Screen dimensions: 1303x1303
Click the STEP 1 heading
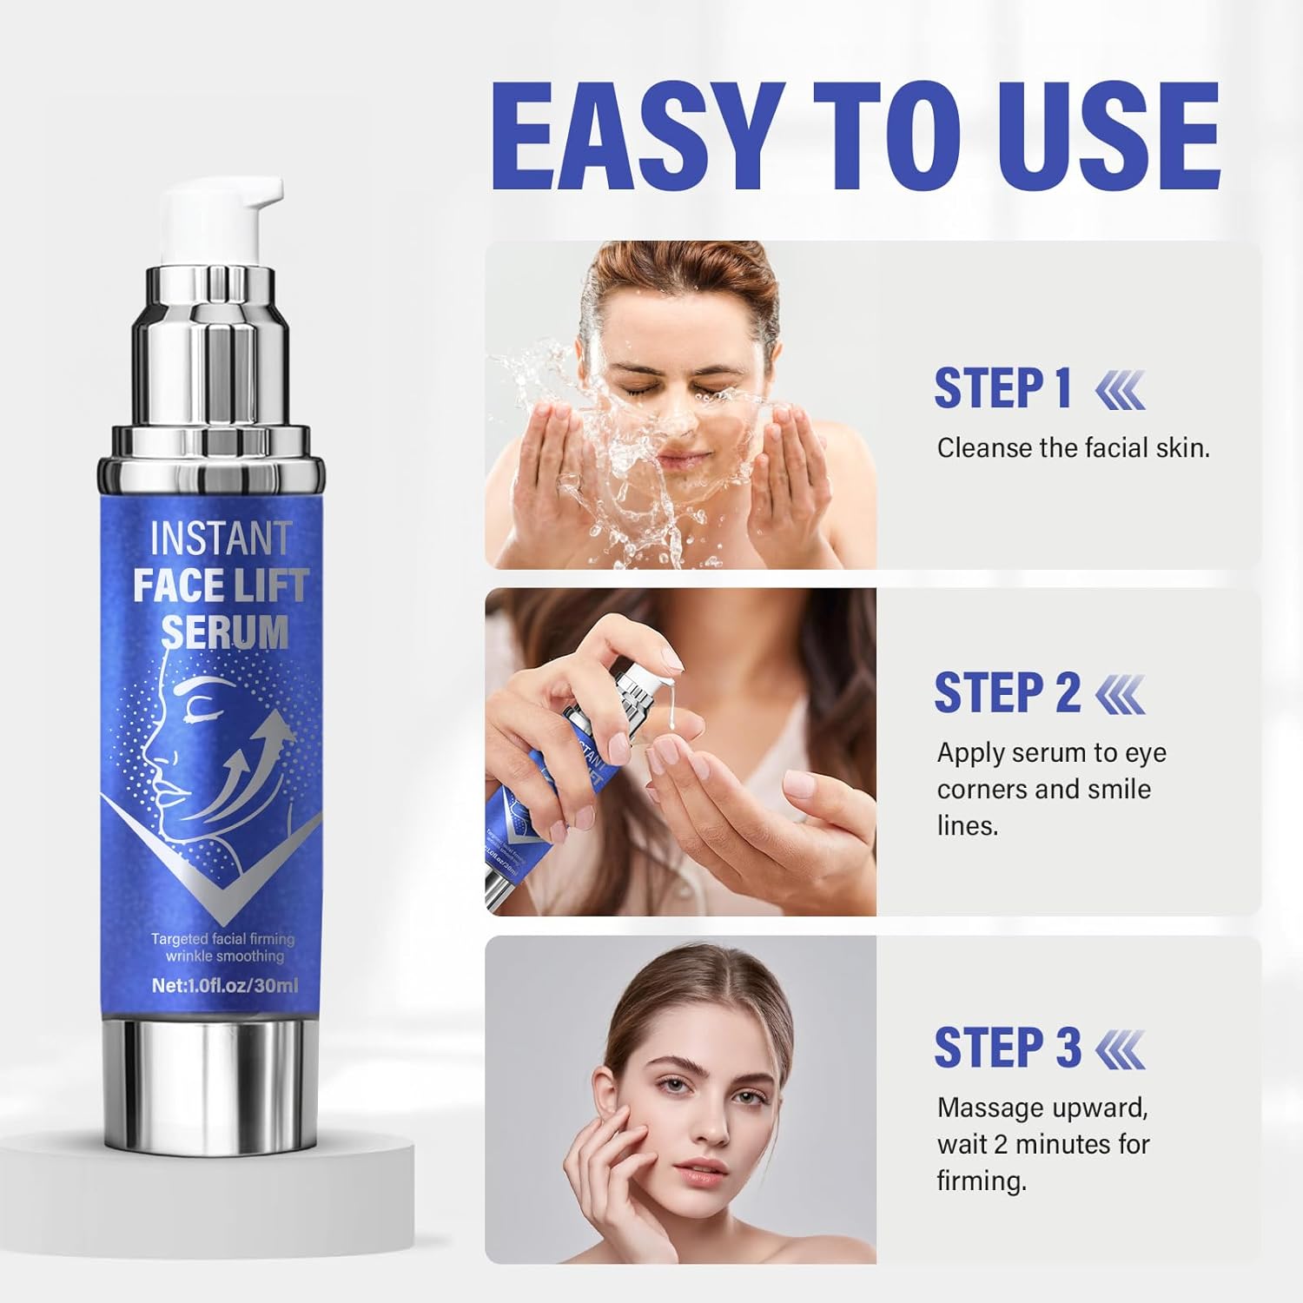coord(1002,388)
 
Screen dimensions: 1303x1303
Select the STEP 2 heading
coord(1006,693)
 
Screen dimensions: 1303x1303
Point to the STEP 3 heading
coord(1006,1048)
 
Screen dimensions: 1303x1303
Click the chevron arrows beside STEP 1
coord(1121,389)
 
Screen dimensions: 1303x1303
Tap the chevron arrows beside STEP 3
coord(1121,1048)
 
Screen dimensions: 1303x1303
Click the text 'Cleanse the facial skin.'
coord(1073,448)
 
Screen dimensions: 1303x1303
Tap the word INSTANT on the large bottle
coord(220,539)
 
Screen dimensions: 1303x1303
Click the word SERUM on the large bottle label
coord(224,632)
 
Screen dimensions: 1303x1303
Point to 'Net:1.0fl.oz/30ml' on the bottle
coord(225,985)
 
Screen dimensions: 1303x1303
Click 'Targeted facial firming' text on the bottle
coord(223,939)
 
